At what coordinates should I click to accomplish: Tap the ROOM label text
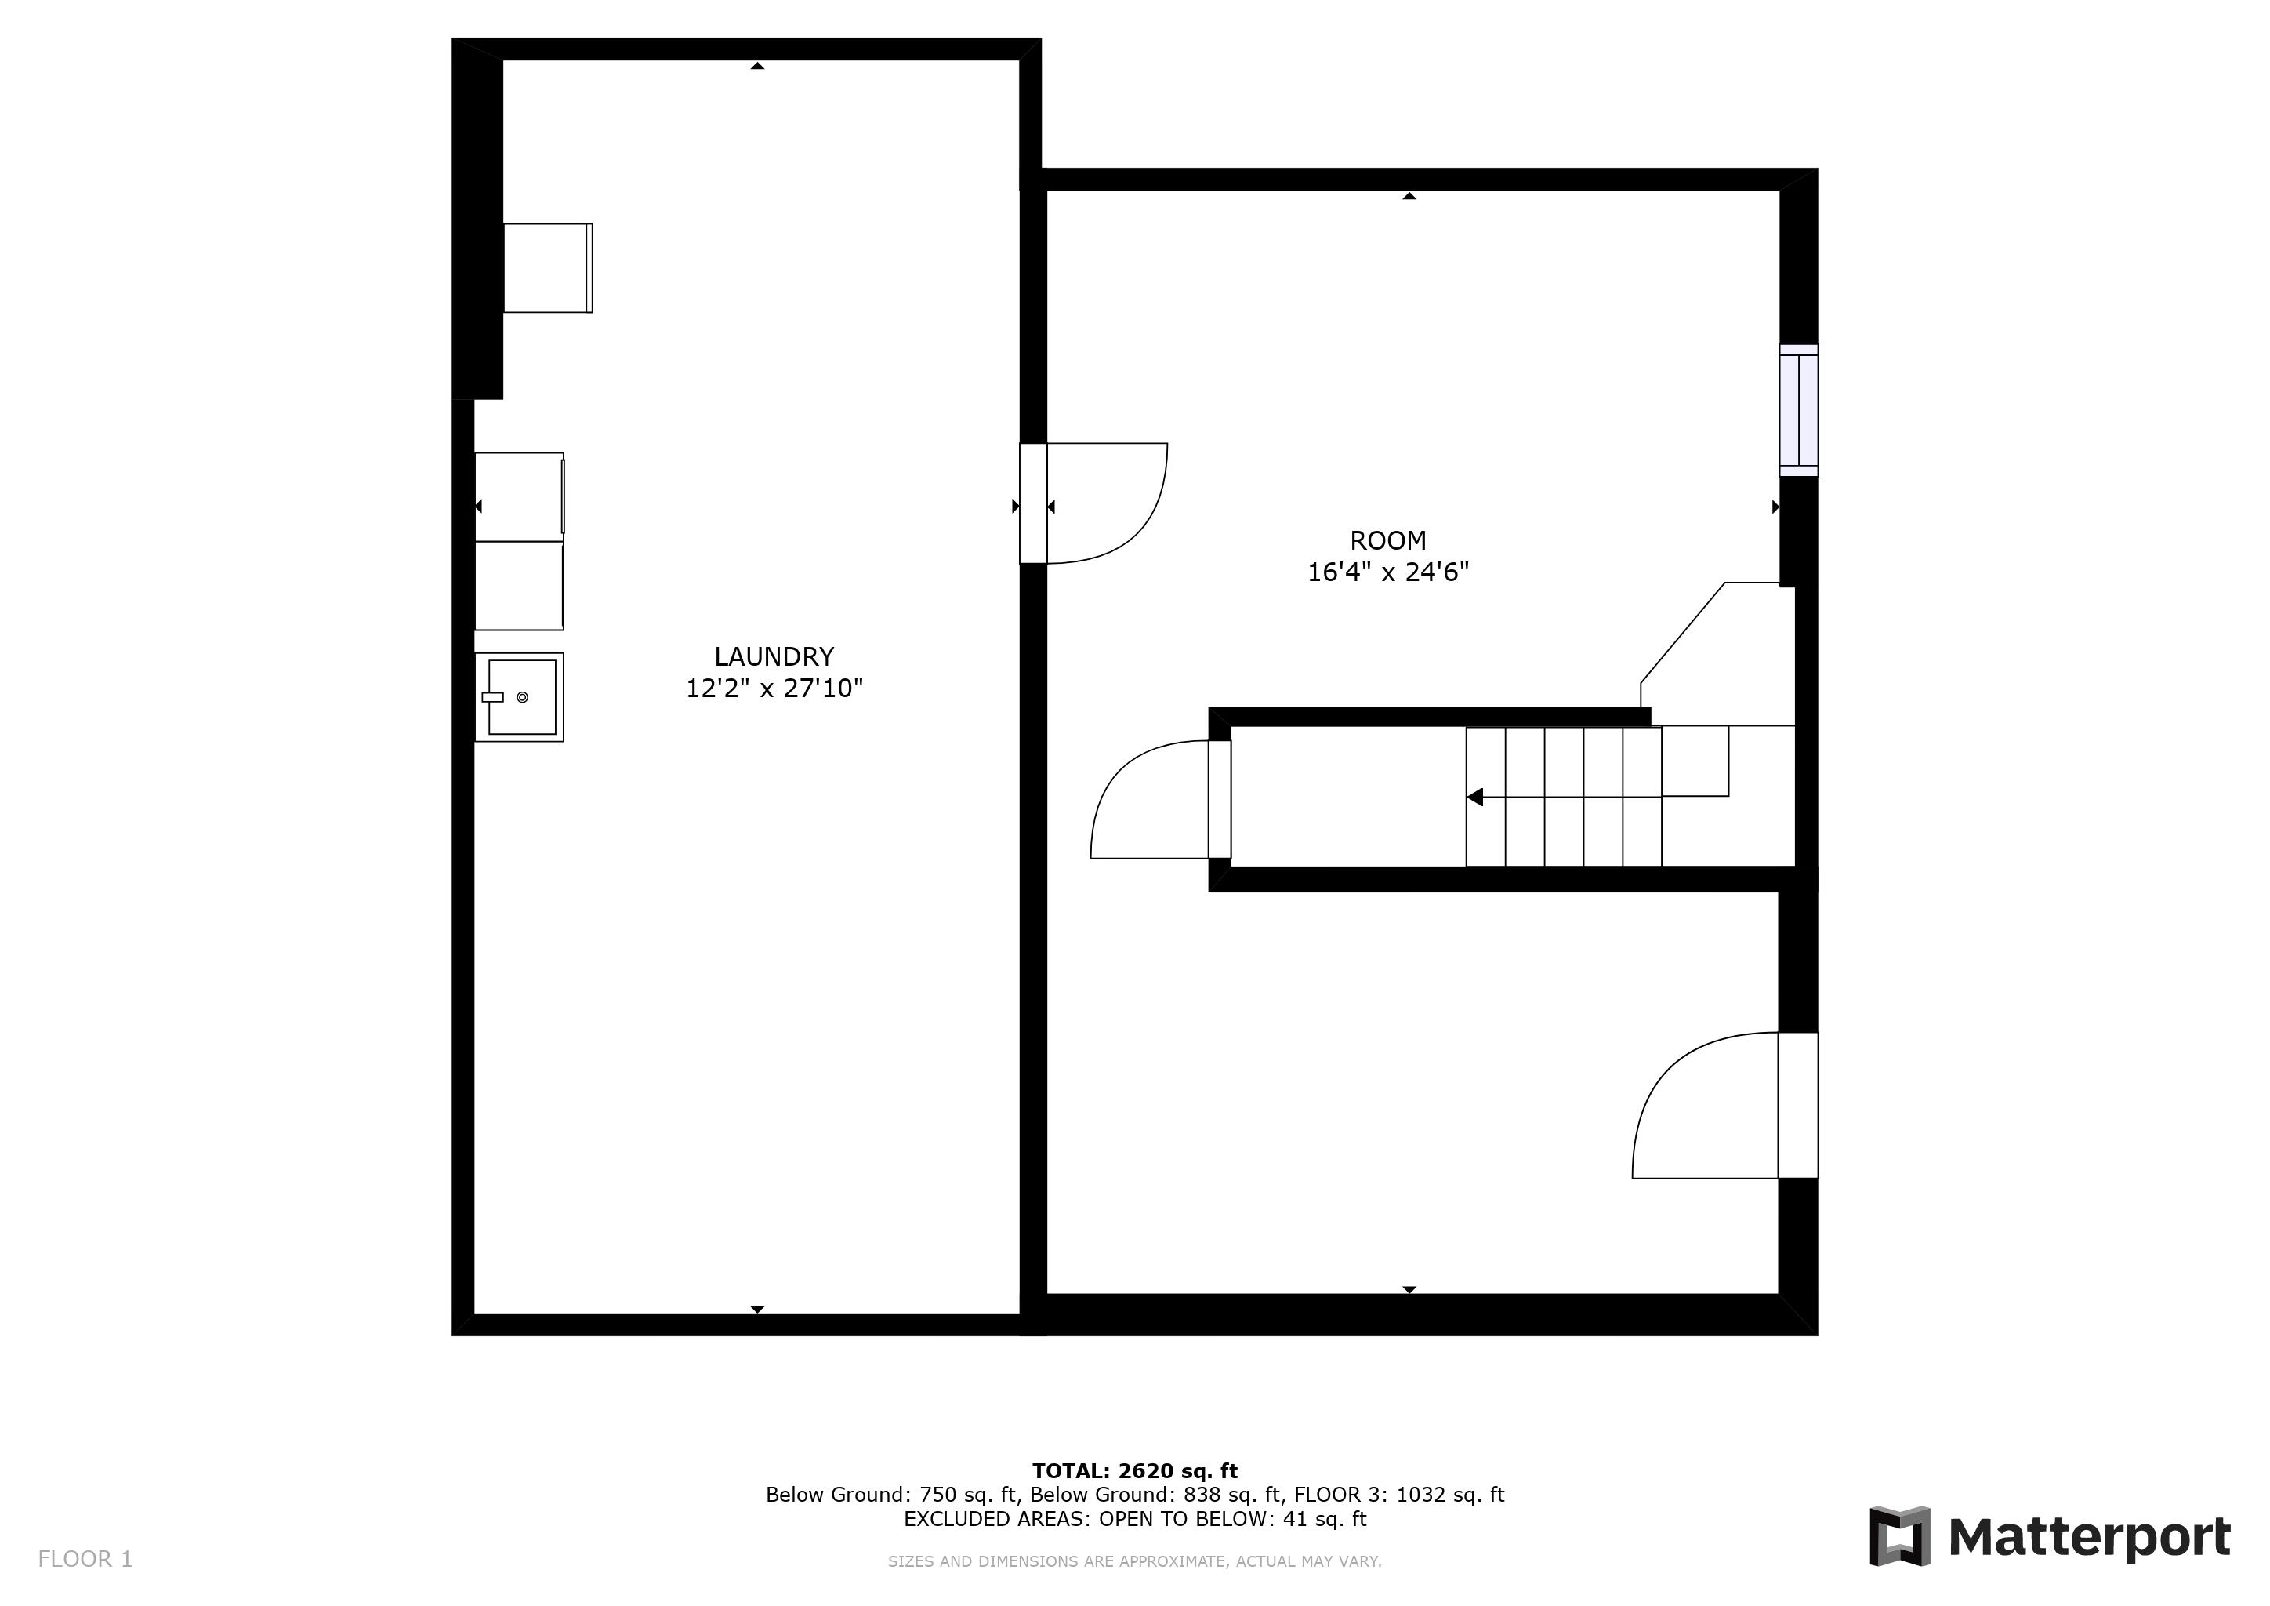pos(1387,541)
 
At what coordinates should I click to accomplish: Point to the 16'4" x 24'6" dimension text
pos(1387,572)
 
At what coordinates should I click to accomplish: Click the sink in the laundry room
pos(520,697)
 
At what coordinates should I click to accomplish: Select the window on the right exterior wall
pos(1797,410)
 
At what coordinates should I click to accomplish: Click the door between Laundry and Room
pos(1033,503)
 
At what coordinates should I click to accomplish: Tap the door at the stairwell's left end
pos(1219,799)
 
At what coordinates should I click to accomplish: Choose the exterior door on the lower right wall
pos(1797,1106)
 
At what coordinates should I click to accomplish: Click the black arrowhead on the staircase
pos(1474,797)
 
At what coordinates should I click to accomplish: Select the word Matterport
pos(2088,1537)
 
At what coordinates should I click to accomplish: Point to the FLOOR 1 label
pos(85,1560)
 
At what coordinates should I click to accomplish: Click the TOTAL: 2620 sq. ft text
pos(1134,1470)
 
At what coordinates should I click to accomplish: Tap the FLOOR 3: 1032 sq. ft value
pos(1398,1495)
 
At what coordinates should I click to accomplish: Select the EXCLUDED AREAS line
pos(1134,1519)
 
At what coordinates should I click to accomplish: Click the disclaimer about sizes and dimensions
pos(1134,1561)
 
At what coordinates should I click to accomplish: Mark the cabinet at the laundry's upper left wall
pos(548,268)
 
